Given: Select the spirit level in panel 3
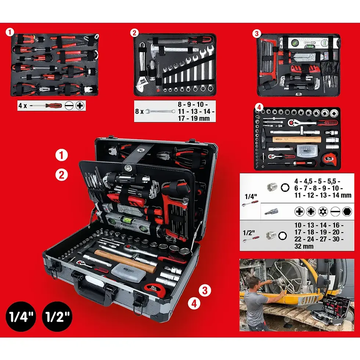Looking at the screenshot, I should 305,43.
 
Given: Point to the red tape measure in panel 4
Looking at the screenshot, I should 329,158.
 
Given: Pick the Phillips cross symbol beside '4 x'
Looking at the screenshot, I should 79,106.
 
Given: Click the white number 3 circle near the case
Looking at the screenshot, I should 205,290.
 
